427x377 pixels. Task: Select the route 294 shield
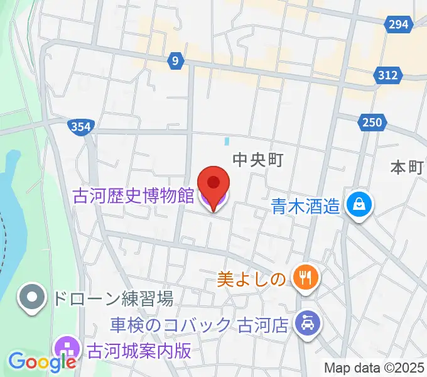(x=398, y=25)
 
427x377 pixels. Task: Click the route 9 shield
(x=176, y=61)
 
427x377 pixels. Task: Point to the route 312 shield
(x=388, y=75)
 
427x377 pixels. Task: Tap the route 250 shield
(x=371, y=122)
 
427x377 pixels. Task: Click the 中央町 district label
(x=258, y=160)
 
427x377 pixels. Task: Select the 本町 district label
(x=406, y=167)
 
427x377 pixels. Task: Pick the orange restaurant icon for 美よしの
(x=307, y=276)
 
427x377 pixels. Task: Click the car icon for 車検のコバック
(x=307, y=324)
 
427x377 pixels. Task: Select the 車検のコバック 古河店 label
(x=198, y=325)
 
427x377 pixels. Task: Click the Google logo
(x=43, y=361)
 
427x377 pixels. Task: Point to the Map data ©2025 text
(x=375, y=368)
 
